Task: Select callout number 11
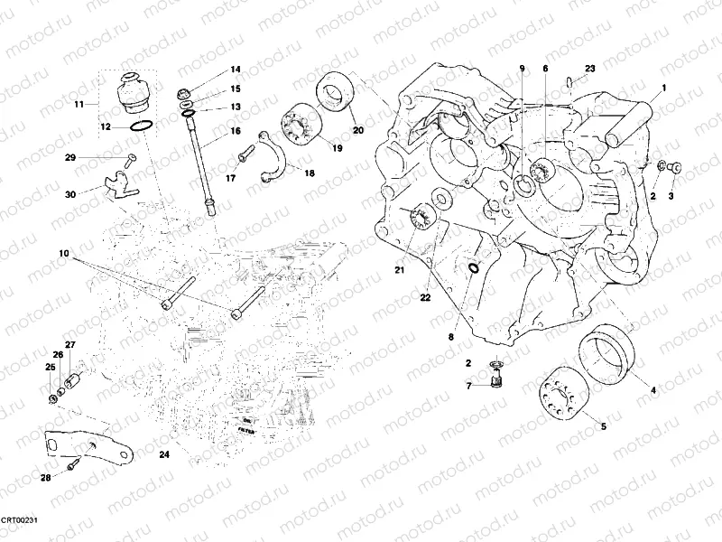click(x=79, y=105)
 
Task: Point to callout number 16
click(x=235, y=131)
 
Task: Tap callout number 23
click(x=589, y=69)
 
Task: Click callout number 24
click(x=163, y=454)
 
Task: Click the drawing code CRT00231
click(x=20, y=521)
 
